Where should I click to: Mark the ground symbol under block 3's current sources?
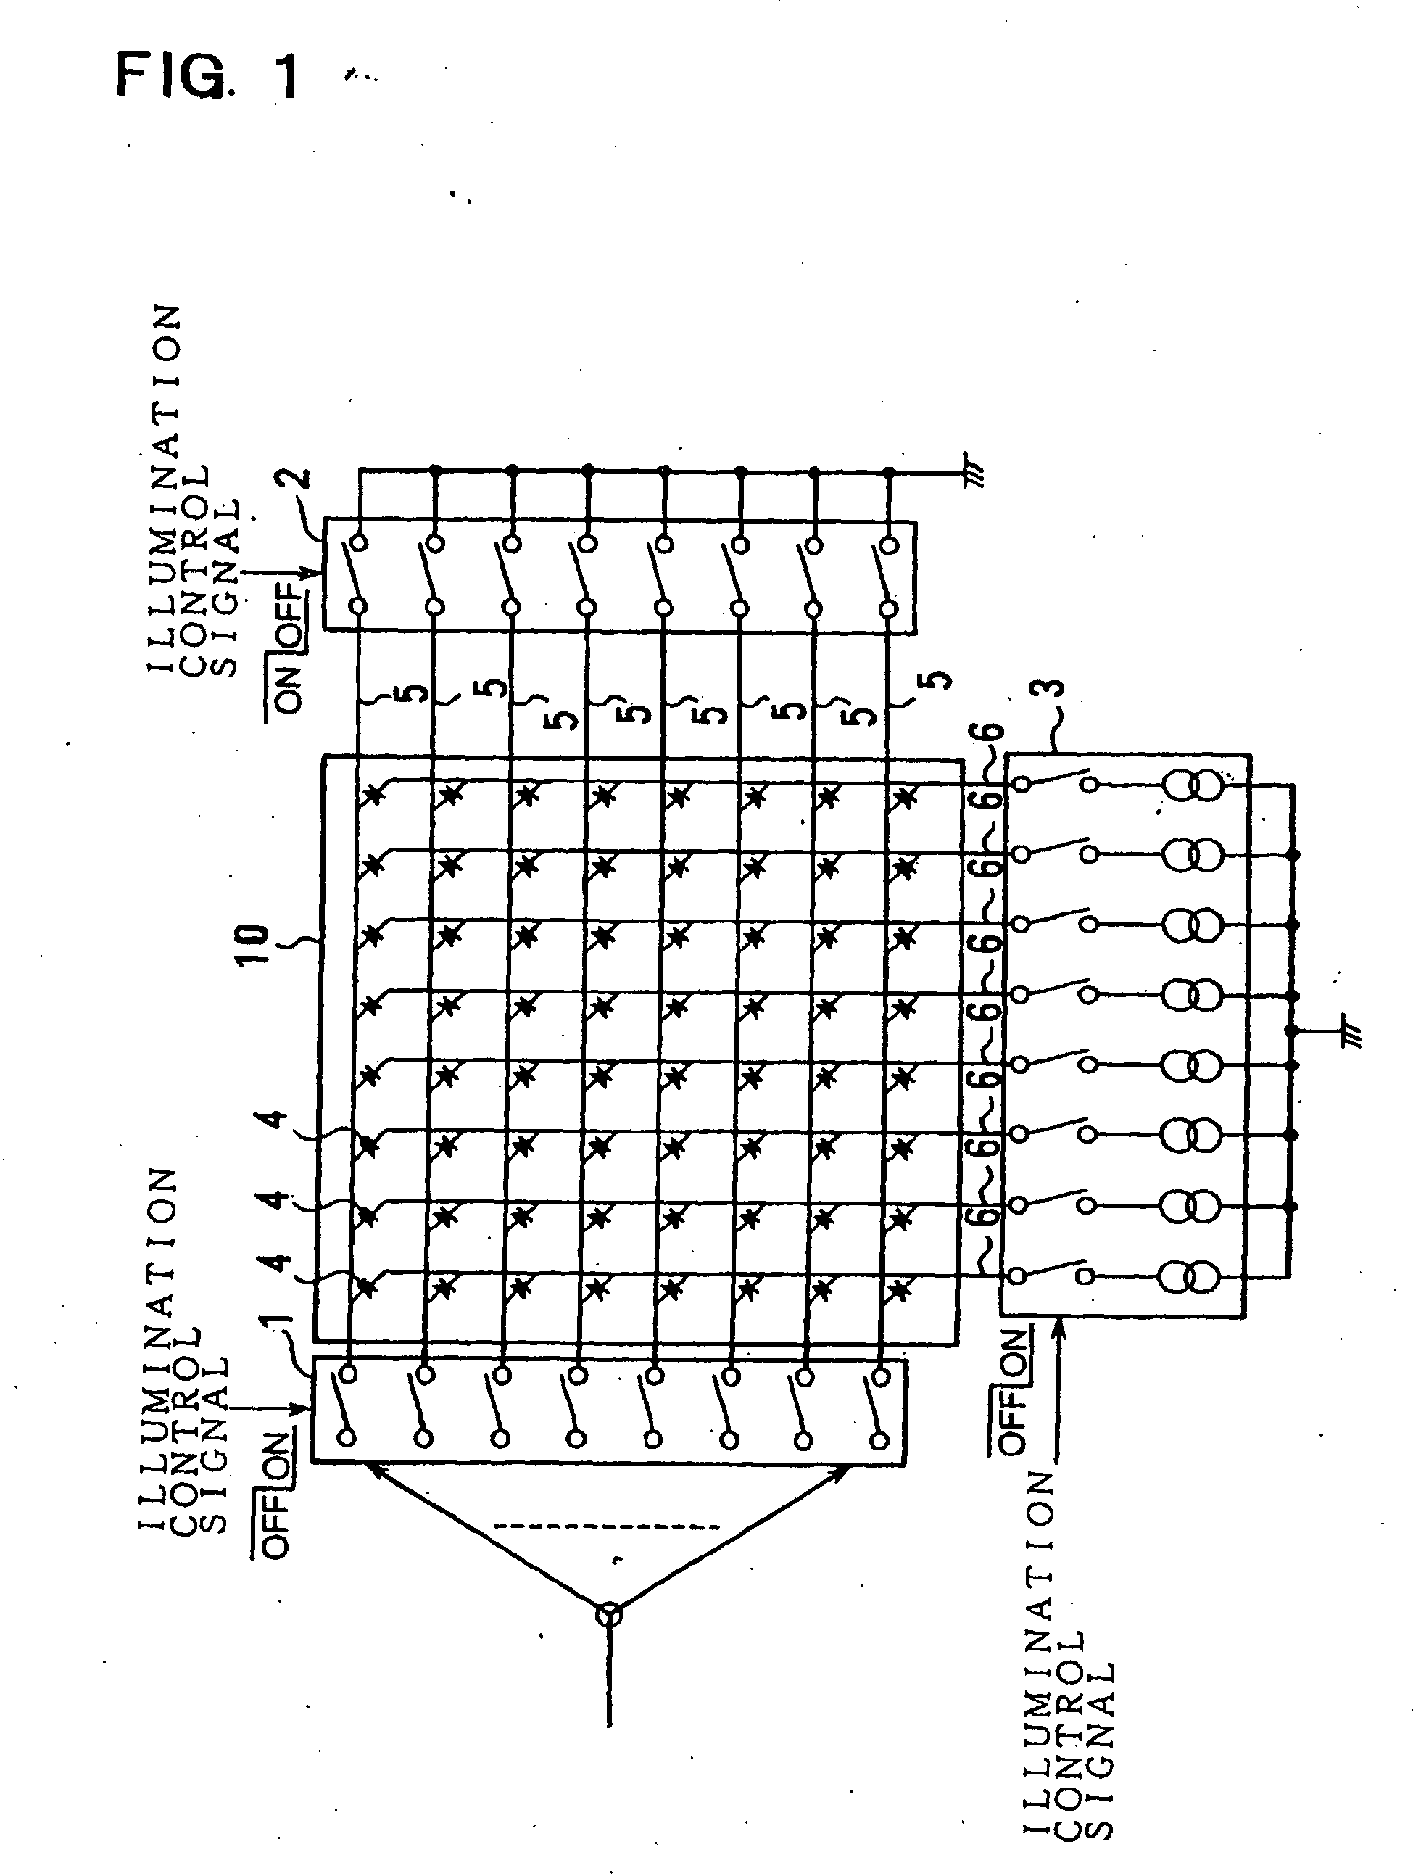[1349, 1035]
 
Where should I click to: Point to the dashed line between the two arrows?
[605, 1527]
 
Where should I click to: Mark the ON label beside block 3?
[1014, 1350]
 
